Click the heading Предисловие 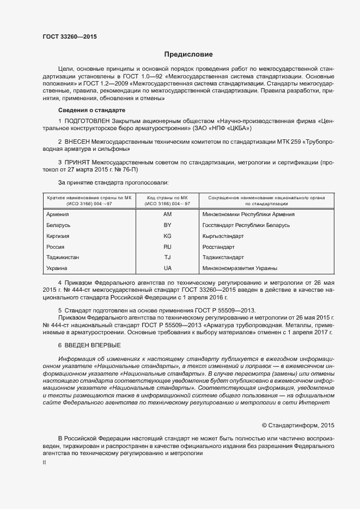click(188, 54)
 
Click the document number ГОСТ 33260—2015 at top click(69, 36)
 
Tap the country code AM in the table click(167, 214)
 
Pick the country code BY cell click(167, 225)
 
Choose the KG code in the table click(167, 236)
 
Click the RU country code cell click(167, 247)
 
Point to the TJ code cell click(167, 257)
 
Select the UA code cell click(167, 268)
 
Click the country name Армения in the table click(58, 214)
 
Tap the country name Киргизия click(59, 236)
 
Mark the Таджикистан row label click(64, 257)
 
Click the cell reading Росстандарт click(219, 247)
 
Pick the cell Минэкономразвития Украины click(240, 268)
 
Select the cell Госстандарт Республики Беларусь click(246, 225)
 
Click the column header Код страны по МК click(167, 197)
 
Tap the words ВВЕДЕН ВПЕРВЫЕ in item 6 click(93, 346)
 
